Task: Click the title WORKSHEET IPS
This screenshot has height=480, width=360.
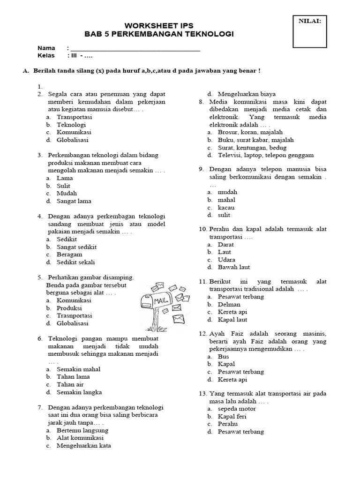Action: pos(158,25)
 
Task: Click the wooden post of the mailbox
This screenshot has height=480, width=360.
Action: pos(154,322)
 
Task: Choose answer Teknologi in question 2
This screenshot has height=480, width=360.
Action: pos(71,125)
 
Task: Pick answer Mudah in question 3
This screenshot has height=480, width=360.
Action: pos(67,193)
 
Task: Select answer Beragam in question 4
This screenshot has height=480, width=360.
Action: pos(69,255)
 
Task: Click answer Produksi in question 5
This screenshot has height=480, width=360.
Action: pos(69,308)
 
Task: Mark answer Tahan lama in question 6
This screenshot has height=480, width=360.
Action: pos(73,376)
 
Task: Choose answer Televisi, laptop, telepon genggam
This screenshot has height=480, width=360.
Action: pos(265,155)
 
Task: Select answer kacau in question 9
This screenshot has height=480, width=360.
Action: pos(226,207)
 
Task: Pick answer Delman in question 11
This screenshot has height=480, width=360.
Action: pos(229,304)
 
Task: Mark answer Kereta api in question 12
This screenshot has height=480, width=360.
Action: pos(232,379)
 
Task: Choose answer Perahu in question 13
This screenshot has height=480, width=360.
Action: pos(227,424)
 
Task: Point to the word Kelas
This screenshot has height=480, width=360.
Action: pos(46,56)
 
